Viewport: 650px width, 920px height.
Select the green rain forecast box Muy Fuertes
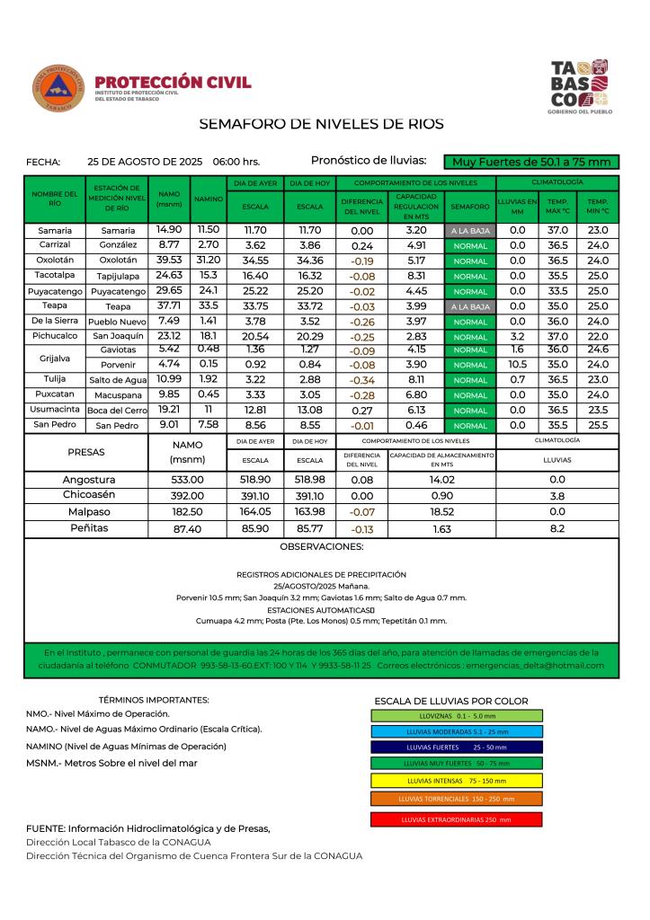point(530,162)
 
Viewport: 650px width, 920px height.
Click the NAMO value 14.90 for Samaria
point(169,230)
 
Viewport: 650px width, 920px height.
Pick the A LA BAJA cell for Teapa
point(470,306)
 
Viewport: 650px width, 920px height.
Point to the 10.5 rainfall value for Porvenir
point(517,364)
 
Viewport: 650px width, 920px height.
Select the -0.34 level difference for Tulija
point(363,379)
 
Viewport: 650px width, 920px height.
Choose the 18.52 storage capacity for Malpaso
point(441,511)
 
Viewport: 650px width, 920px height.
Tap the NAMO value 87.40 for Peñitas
point(188,529)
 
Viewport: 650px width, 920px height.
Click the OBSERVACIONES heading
point(322,546)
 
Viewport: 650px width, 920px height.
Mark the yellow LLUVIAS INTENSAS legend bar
point(456,780)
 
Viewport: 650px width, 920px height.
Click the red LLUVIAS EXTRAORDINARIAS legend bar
point(456,819)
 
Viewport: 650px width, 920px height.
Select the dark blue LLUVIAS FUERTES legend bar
point(456,747)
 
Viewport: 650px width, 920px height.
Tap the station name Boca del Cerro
point(116,411)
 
